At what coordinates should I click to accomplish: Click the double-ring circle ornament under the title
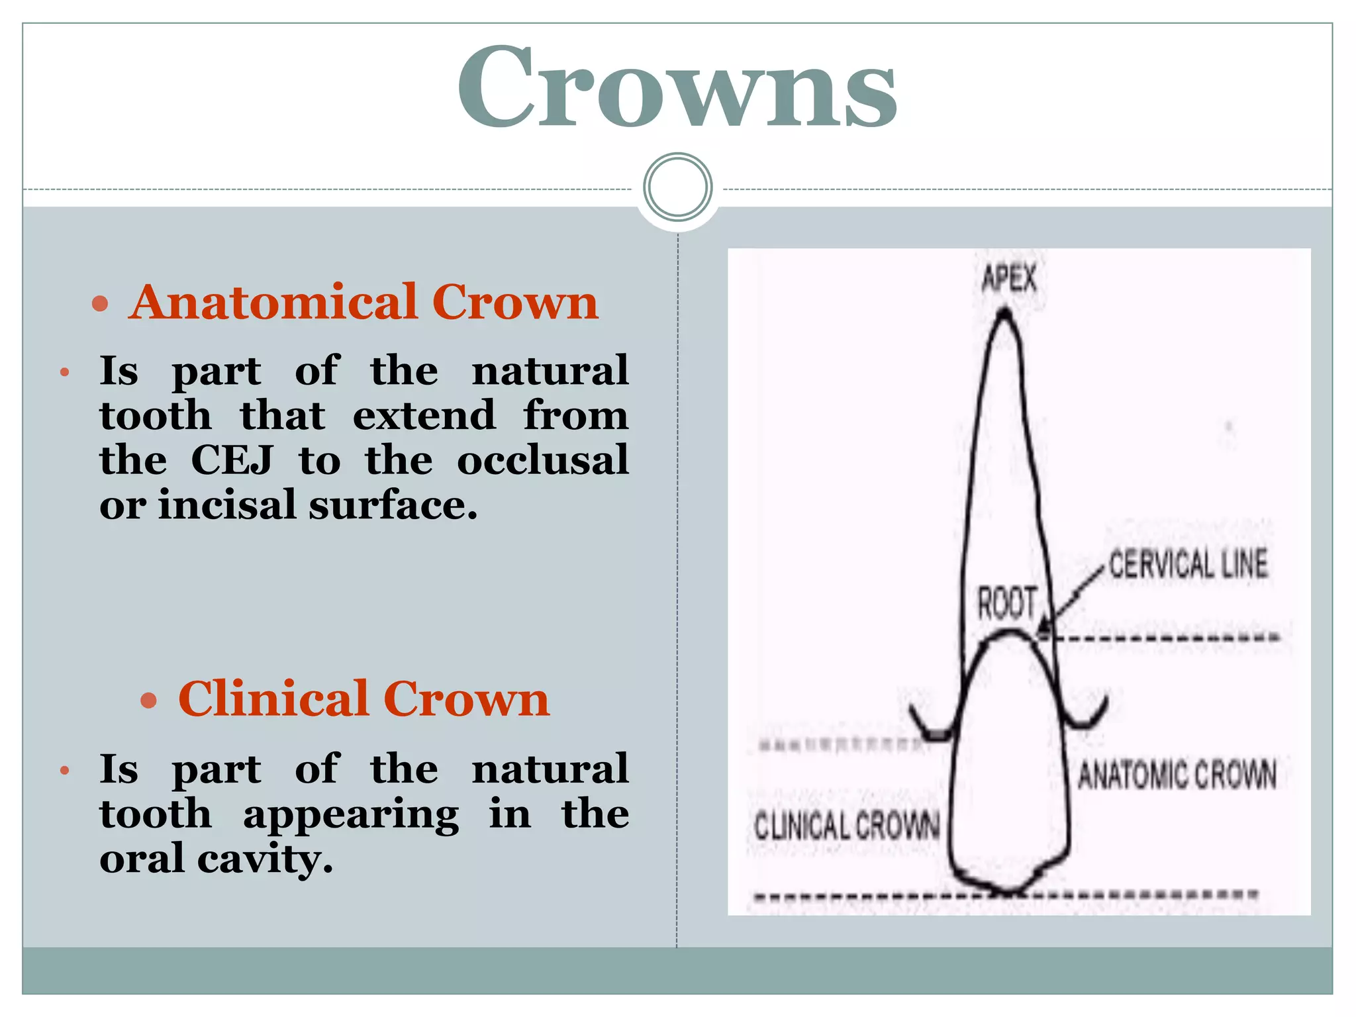tap(677, 187)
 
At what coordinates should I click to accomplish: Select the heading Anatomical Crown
tap(363, 303)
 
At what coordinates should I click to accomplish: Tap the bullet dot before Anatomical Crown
tap(100, 305)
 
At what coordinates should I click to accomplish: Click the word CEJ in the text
tap(232, 460)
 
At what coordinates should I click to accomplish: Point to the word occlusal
tap(542, 460)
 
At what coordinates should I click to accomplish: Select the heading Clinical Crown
tap(363, 699)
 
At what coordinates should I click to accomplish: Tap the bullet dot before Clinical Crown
tap(149, 701)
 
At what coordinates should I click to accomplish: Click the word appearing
tap(351, 815)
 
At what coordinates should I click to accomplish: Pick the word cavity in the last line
tap(264, 859)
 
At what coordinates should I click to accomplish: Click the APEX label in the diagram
tap(1009, 278)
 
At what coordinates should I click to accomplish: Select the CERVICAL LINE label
tap(1188, 565)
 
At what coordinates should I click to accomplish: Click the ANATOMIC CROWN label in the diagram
tap(1177, 775)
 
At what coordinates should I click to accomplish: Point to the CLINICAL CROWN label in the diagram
tap(847, 826)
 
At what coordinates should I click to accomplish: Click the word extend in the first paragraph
tap(424, 415)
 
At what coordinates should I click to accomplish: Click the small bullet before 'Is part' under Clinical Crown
tap(64, 771)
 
